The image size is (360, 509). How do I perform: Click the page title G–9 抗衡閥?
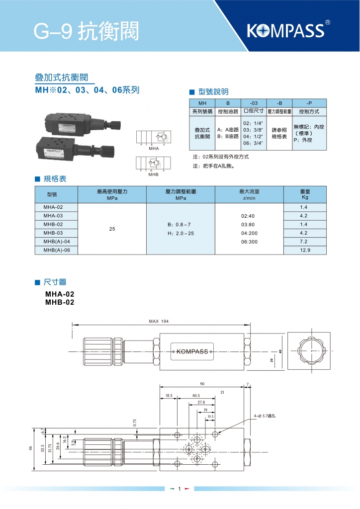pos(86,31)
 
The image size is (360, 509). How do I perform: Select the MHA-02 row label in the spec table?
pos(53,207)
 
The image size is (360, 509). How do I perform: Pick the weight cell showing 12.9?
pos(305,251)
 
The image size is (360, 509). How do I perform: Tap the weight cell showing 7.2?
pos(305,242)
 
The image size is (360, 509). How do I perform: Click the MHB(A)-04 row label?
pos(57,242)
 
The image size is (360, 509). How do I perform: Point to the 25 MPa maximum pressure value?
pos(112,229)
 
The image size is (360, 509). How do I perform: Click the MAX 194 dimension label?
pos(159,322)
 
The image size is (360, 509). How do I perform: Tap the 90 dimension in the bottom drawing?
pos(202,384)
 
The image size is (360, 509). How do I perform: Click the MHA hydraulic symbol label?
pos(153,149)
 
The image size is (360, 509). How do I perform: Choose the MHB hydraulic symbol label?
pos(153,175)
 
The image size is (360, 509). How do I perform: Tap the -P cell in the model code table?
pos(309,103)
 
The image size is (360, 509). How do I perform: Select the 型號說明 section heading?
pos(227,91)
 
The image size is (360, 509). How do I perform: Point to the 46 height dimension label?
pos(30,448)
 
